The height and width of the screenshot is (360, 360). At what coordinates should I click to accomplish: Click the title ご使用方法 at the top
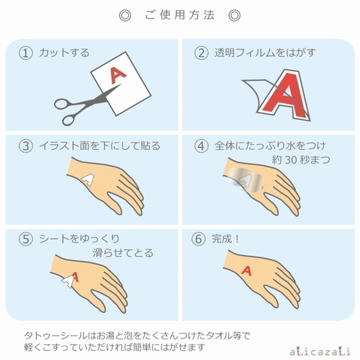tap(179, 15)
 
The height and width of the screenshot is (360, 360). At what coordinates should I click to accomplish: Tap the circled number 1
tap(27, 53)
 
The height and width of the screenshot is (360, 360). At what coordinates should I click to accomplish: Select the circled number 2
tap(202, 53)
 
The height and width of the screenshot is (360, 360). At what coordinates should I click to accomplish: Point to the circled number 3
tap(27, 147)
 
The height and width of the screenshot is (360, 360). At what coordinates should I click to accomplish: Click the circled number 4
tap(202, 147)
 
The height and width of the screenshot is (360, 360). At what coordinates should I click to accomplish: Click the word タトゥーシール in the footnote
tap(51, 334)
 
